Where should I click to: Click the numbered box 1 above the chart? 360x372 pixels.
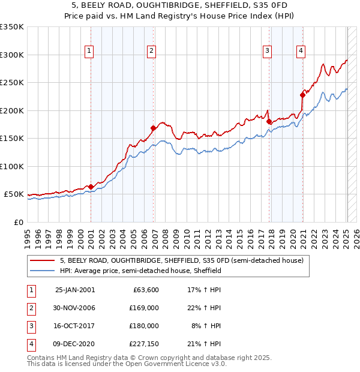click(89, 51)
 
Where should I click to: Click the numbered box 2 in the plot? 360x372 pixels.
click(152, 51)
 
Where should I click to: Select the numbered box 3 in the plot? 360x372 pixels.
click(267, 51)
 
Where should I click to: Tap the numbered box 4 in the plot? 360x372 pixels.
click(300, 51)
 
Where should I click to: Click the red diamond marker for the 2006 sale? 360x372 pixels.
click(154, 128)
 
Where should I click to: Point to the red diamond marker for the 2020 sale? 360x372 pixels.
click(303, 95)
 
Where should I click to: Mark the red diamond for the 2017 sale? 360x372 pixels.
click(269, 122)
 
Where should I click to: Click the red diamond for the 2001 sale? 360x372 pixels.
click(91, 187)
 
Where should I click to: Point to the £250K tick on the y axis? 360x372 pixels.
click(12, 83)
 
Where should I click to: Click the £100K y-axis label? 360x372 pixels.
click(12, 166)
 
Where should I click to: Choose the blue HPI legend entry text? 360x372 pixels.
click(140, 271)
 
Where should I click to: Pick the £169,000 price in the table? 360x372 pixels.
click(145, 308)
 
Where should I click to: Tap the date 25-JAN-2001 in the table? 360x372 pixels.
click(74, 290)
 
